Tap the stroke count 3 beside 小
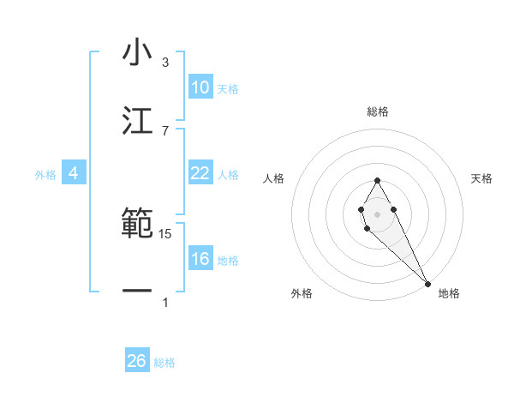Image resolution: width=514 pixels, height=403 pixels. (x=165, y=63)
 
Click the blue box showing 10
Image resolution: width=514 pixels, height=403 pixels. (x=200, y=87)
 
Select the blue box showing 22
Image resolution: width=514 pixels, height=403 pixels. (x=200, y=173)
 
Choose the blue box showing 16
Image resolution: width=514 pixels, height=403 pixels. (x=200, y=259)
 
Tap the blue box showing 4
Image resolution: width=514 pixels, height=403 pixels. (x=73, y=173)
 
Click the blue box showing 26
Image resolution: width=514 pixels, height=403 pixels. (x=136, y=361)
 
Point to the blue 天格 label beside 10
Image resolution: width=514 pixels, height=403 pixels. (x=228, y=89)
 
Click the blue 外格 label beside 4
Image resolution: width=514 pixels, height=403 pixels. (x=45, y=175)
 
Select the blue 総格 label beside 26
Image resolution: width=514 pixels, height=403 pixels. (x=164, y=363)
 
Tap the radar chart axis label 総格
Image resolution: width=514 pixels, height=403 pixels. (x=378, y=111)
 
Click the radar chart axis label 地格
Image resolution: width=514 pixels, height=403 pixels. (x=449, y=293)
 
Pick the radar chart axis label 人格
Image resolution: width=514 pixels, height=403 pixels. (x=273, y=178)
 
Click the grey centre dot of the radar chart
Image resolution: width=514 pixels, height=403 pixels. (x=377, y=213)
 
